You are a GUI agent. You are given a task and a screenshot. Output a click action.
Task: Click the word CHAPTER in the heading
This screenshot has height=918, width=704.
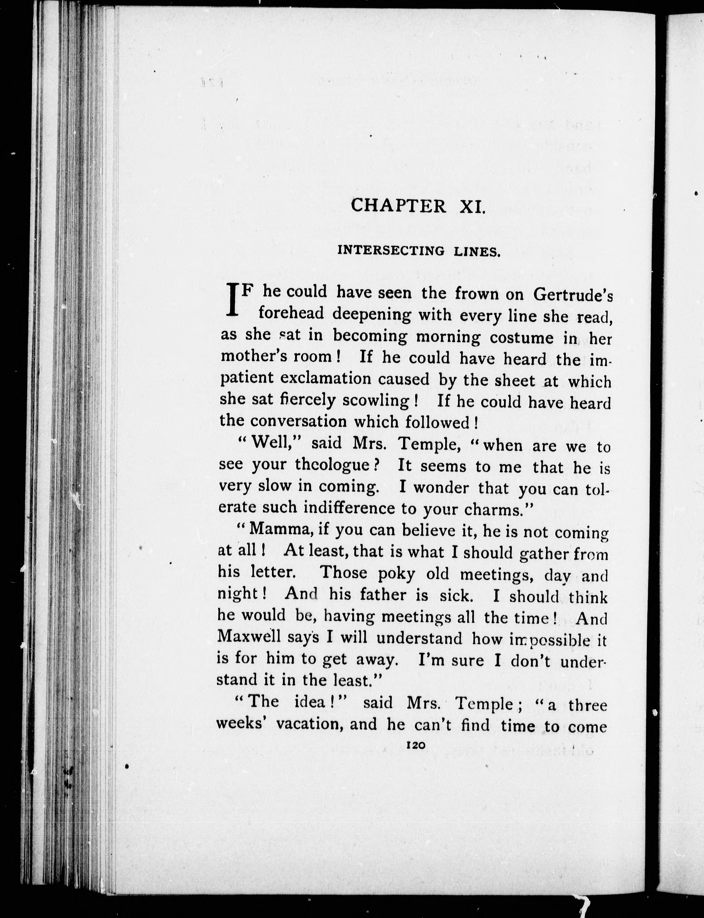click(x=398, y=206)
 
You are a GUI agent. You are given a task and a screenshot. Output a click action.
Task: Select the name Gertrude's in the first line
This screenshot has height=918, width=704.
click(x=573, y=295)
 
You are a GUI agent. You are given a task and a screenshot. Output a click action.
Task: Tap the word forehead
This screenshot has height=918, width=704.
click(x=292, y=314)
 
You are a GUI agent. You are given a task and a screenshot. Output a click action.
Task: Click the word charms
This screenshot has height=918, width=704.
click(x=498, y=510)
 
